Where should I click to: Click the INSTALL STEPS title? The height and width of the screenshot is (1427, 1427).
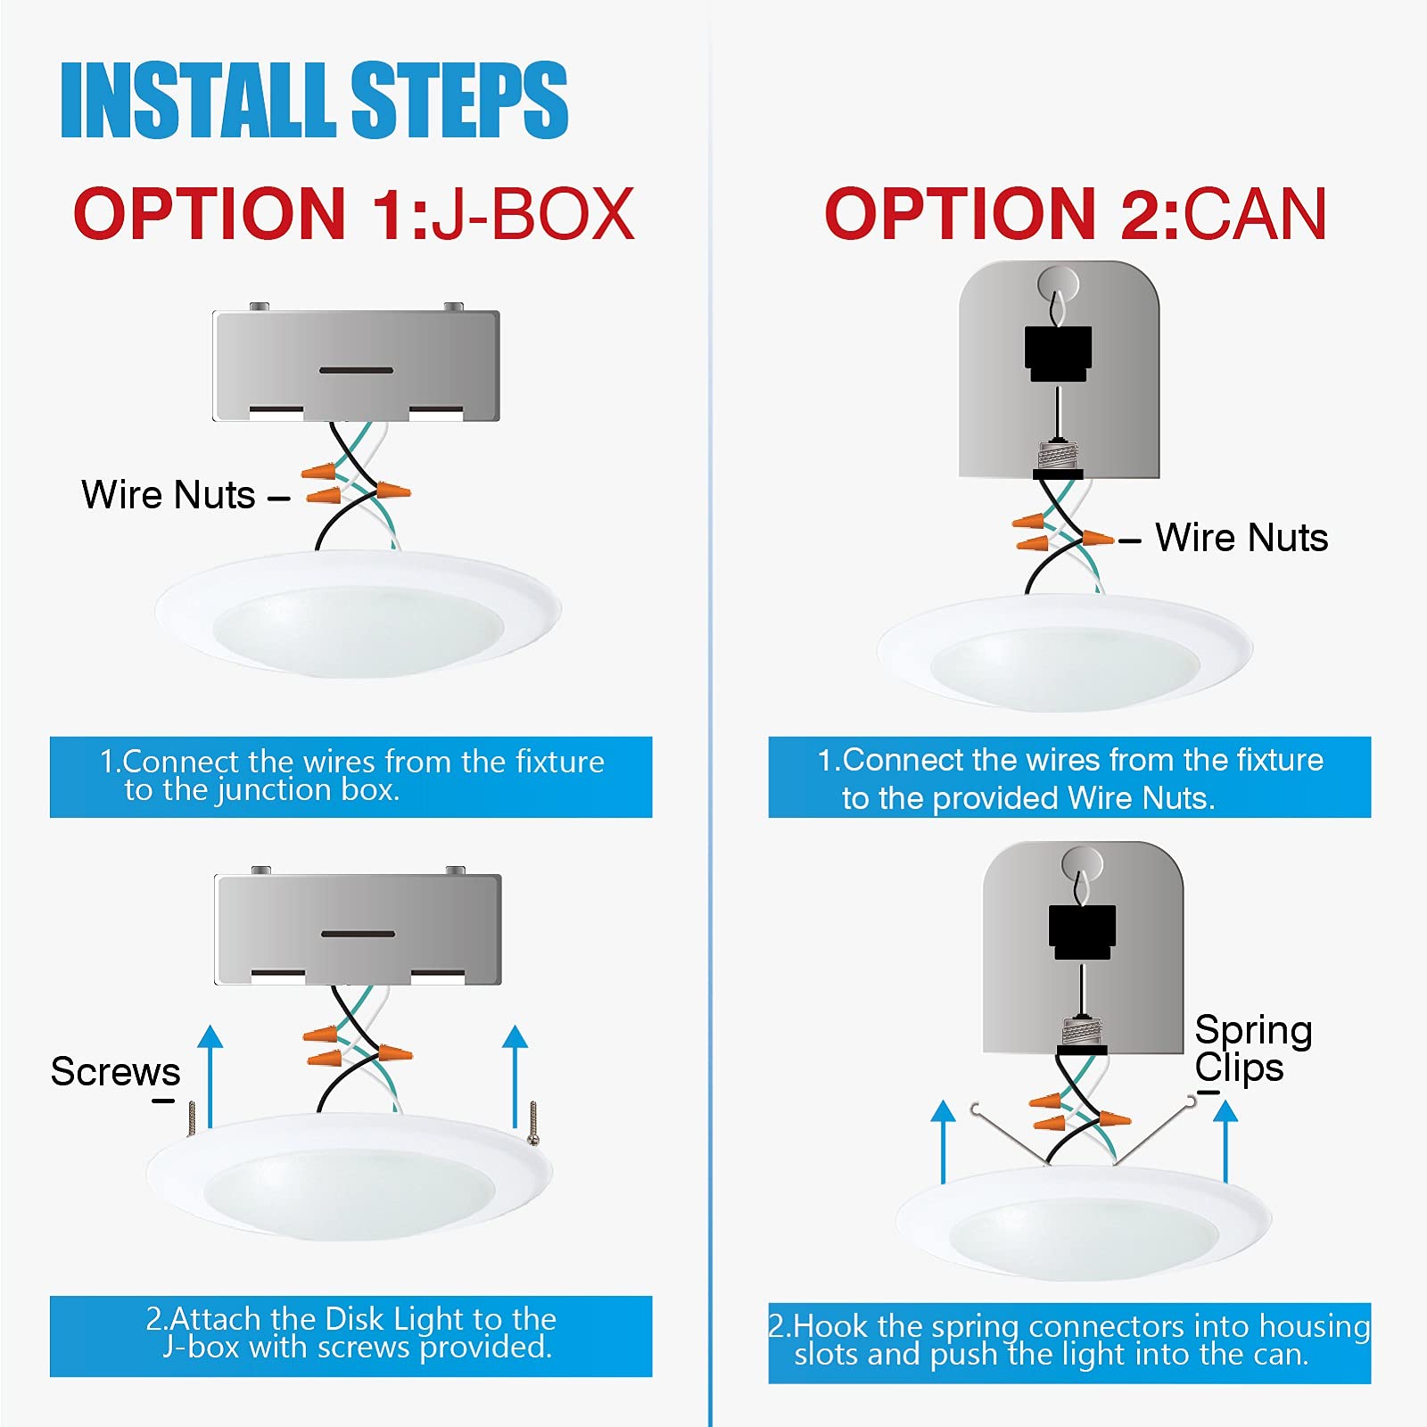coord(314,100)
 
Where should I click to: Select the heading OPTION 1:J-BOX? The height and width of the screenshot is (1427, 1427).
coord(354,214)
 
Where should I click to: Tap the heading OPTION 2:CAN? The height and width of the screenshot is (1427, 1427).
coord(1076,214)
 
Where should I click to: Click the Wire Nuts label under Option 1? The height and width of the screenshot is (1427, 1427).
coord(169,495)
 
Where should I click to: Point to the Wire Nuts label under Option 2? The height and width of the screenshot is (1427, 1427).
coord(1241,538)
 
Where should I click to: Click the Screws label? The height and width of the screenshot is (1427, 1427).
coord(115,1071)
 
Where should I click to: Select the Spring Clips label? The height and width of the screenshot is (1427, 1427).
coord(1253,1048)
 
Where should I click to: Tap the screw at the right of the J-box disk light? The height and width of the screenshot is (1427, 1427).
coord(533,1123)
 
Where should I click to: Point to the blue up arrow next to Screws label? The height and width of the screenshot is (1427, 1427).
coord(210,1076)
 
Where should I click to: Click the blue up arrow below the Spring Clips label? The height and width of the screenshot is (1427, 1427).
coord(1225,1141)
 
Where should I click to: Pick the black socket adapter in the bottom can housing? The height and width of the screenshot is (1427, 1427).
coord(1082,933)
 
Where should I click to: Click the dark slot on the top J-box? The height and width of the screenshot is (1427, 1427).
coord(357,370)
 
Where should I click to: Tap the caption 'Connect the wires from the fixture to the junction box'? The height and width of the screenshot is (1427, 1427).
coord(351,776)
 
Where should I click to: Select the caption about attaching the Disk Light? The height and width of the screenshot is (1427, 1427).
coord(351,1333)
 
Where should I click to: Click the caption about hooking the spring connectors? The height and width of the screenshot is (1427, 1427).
coord(1069,1340)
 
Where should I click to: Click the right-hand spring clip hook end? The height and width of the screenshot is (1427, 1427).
coord(1191,1103)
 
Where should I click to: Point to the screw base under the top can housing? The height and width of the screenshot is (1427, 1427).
coord(1058,458)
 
